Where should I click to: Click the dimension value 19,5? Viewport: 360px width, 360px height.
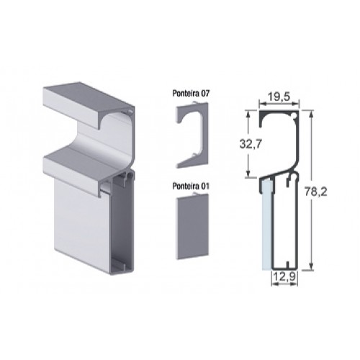click(x=279, y=96)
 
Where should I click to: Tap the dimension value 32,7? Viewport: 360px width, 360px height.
click(x=251, y=144)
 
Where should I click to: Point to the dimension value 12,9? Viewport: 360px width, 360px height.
click(x=284, y=276)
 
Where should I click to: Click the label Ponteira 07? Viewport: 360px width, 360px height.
click(x=191, y=94)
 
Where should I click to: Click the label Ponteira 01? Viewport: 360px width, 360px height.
click(x=191, y=186)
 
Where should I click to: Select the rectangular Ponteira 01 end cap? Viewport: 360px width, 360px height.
click(x=193, y=226)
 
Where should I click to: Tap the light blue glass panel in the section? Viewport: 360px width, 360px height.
click(x=266, y=225)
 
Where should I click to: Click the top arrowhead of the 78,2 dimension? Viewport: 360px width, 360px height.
click(x=311, y=114)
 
